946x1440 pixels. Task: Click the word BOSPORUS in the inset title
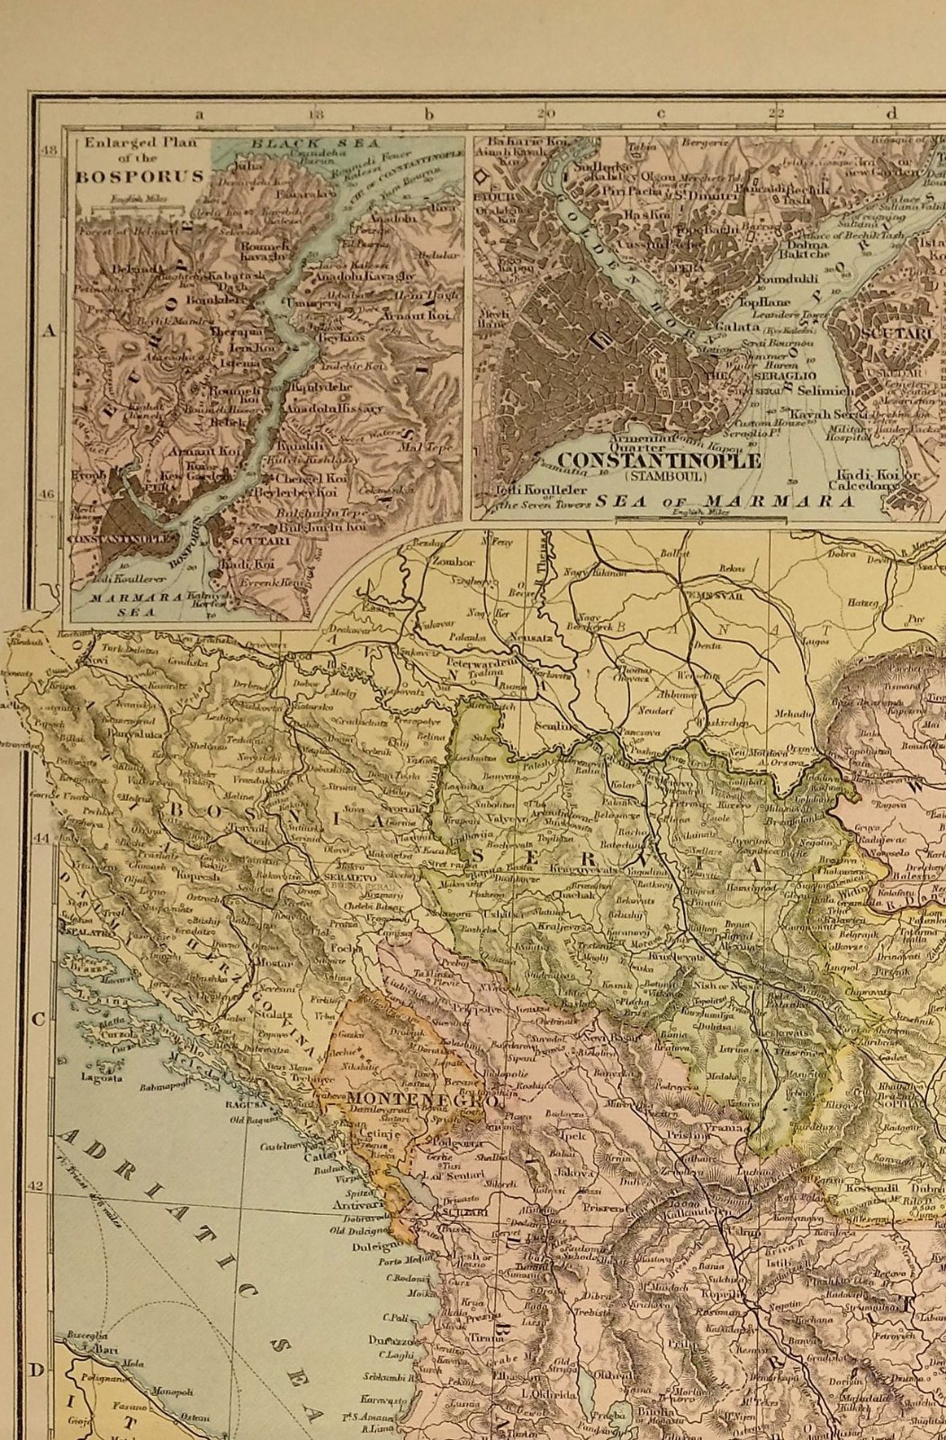139,176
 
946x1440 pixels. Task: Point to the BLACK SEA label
315,143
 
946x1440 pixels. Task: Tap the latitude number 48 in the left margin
50,150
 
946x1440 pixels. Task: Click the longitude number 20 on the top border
545,114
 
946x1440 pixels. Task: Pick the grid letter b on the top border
429,114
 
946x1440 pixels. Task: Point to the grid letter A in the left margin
50,331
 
